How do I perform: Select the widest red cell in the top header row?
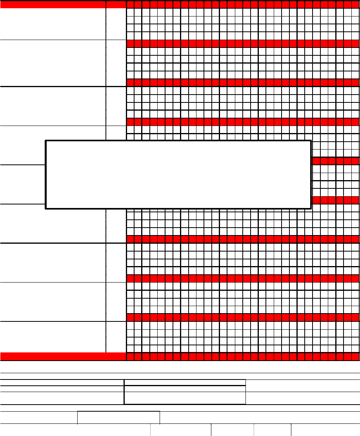[53, 4]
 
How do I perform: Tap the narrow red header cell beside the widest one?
[116, 4]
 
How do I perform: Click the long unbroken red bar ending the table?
[63, 356]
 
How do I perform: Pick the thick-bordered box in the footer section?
[185, 392]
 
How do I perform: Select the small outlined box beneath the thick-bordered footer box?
[118, 418]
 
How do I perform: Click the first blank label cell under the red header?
[53, 24]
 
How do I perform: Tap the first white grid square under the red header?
[130, 12]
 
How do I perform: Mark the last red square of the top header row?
[355, 4]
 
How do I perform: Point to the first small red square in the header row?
[130, 4]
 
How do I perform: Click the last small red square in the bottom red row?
[355, 356]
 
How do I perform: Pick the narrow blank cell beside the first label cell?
[116, 24]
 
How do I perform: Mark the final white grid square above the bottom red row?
[355, 348]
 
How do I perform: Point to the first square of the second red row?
[130, 43]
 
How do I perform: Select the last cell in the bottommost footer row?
[325, 430]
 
